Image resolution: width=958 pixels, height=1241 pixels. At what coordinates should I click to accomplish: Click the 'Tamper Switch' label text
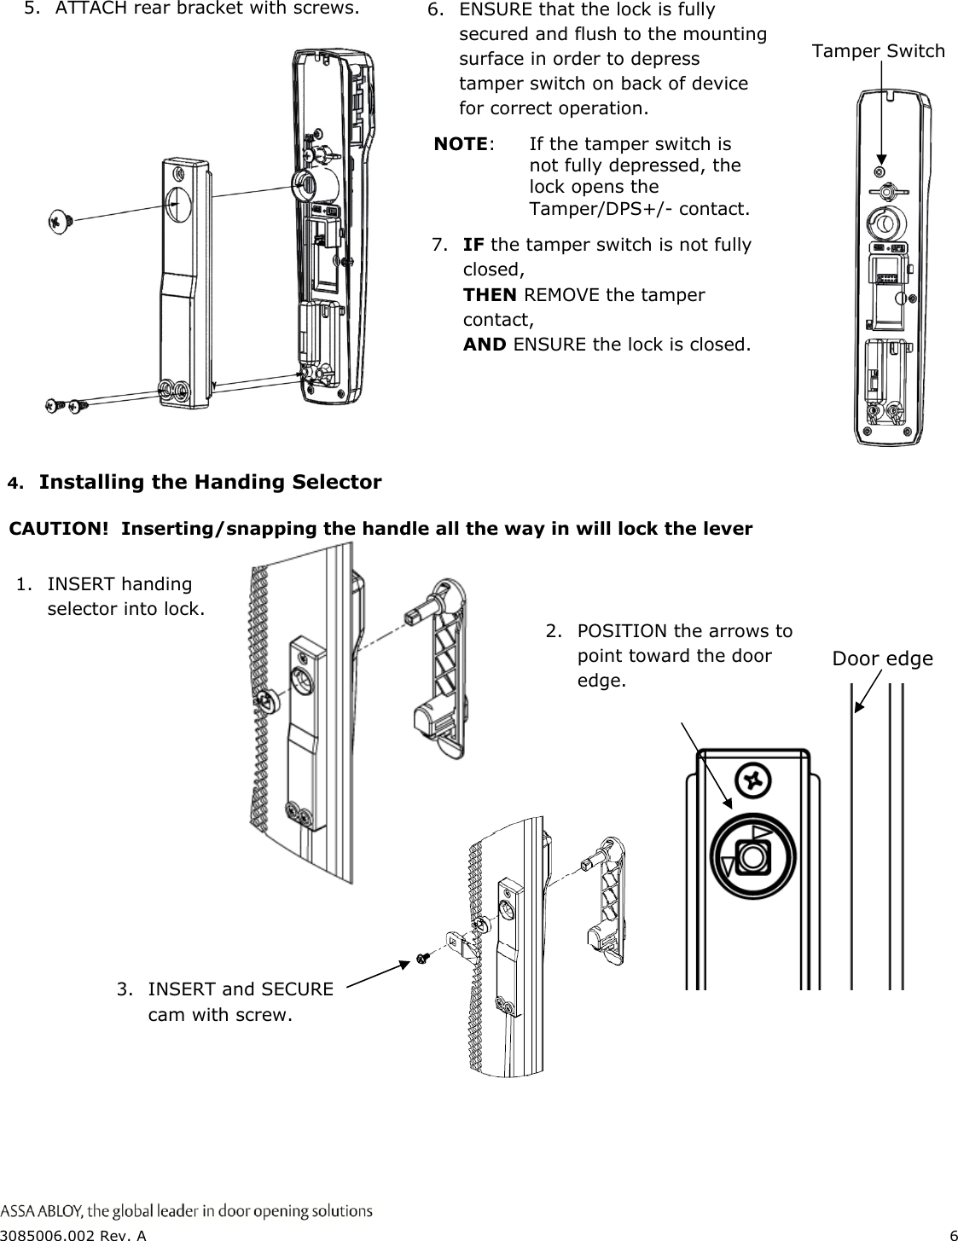(878, 51)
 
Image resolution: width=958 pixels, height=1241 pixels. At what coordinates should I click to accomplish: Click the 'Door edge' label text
(882, 659)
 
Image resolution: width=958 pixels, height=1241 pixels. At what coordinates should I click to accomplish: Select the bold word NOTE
(461, 143)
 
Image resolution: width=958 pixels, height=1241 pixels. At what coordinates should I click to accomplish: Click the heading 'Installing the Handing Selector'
(210, 483)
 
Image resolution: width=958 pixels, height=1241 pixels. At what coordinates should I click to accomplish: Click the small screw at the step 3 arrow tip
(420, 960)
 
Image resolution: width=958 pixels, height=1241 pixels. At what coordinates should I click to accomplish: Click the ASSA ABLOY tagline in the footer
(186, 1210)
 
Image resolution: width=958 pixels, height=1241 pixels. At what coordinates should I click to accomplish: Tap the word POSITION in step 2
(622, 631)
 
